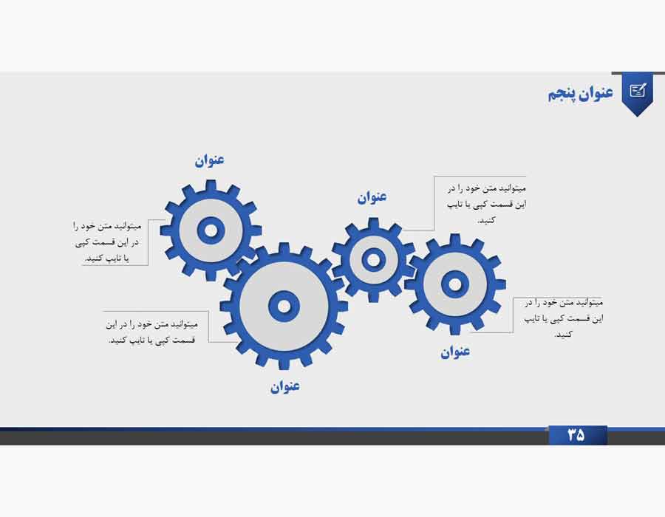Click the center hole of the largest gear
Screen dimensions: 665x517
tap(284, 306)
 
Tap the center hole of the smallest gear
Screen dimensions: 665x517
tap(373, 260)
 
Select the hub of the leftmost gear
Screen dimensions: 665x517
tap(211, 231)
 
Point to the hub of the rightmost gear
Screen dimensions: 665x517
tap(454, 284)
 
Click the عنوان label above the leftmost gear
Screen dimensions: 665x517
tap(210, 160)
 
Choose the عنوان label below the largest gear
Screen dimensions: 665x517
tap(285, 386)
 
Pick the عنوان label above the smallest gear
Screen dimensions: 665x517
tap(372, 197)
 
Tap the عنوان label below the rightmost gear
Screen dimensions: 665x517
tap(455, 352)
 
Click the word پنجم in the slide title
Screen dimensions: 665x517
tap(562, 94)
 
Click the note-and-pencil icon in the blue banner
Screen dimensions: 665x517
tap(638, 90)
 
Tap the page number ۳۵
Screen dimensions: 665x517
tap(576, 435)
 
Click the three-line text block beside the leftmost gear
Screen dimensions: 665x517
tap(107, 242)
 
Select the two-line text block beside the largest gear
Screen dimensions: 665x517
tap(152, 332)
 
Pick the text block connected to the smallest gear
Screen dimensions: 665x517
tap(486, 204)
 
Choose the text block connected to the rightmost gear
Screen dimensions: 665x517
tap(563, 318)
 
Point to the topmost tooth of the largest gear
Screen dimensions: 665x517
tap(284, 248)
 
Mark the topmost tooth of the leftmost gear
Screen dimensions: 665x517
tap(211, 185)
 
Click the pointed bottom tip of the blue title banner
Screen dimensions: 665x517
tap(638, 116)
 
